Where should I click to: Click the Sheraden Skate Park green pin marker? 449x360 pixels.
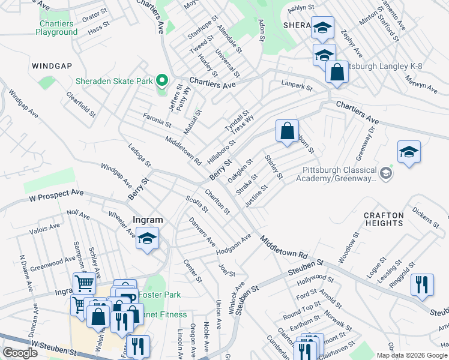click(161, 80)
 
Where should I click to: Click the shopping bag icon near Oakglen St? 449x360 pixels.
click(288, 130)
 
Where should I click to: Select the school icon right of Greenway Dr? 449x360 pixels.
click(409, 152)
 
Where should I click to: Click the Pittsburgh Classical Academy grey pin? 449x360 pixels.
click(385, 174)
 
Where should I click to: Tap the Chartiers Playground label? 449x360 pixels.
click(56, 28)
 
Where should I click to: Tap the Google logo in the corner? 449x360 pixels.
click(20, 353)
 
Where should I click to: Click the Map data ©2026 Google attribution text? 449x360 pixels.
click(412, 355)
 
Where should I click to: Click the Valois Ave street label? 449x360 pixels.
click(45, 228)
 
